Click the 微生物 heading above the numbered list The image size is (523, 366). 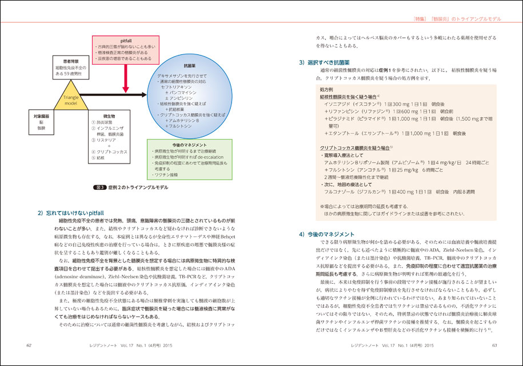click(x=102, y=116)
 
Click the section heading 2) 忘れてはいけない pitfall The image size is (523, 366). click(x=70, y=213)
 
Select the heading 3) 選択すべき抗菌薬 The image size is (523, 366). click(x=328, y=62)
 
